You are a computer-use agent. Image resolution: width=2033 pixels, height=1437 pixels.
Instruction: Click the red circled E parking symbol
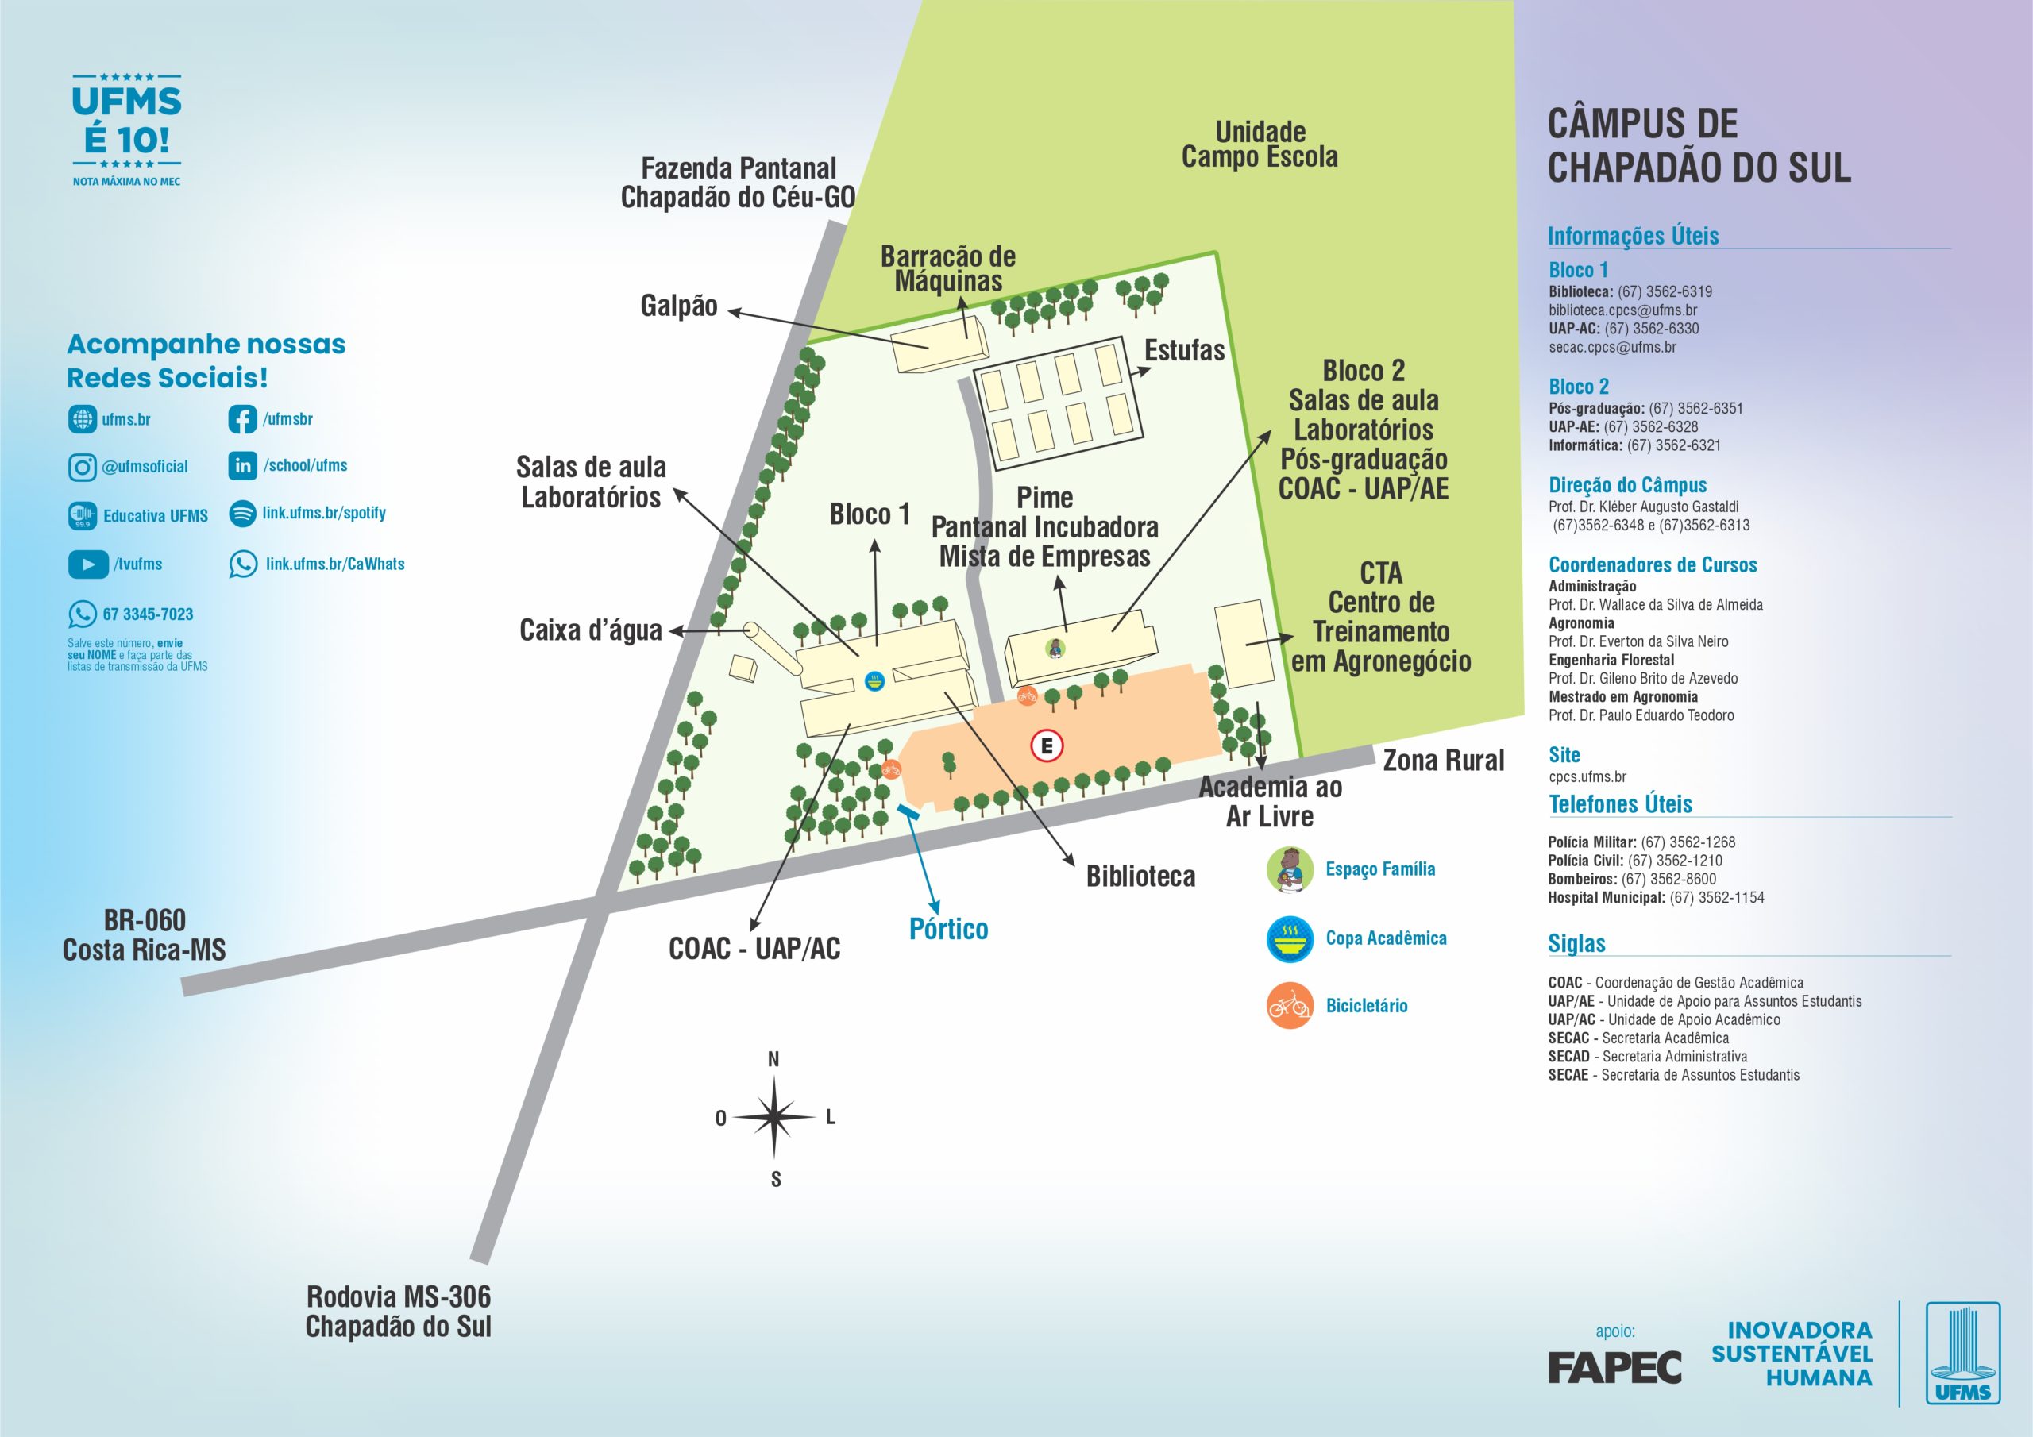coord(1047,745)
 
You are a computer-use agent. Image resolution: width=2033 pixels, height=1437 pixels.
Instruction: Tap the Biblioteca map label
coord(1140,876)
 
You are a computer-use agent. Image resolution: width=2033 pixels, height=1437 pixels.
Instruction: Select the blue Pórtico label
coord(948,929)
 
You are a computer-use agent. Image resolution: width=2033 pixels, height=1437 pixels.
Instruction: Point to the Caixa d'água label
coord(591,630)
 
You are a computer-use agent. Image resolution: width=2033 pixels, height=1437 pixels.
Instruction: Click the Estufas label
coord(1184,351)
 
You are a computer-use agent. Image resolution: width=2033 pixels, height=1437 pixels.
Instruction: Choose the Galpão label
coord(678,306)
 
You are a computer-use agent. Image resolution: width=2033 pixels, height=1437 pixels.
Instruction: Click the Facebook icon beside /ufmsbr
coord(243,418)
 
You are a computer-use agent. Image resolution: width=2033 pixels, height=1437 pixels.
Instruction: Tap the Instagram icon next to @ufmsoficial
coord(83,467)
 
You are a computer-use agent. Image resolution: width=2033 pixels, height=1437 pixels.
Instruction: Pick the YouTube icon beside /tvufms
coord(87,564)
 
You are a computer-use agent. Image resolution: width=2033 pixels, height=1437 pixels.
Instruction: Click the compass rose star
coord(773,1117)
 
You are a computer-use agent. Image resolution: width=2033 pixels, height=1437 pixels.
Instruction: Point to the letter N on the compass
coord(773,1059)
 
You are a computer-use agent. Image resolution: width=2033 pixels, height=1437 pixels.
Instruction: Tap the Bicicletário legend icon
coord(1289,1006)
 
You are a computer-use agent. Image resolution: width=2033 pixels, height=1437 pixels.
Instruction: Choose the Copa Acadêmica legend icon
coord(1289,938)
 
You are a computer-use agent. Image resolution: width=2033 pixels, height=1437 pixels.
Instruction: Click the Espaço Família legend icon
coord(1289,869)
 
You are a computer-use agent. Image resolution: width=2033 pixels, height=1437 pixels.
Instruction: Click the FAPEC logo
coord(1614,1368)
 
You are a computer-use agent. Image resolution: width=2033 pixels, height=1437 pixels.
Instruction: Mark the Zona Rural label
coord(1443,761)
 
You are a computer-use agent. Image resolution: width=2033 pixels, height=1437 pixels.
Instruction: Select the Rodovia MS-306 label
coord(399,1297)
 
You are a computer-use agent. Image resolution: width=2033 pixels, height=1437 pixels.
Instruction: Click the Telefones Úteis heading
coord(1619,804)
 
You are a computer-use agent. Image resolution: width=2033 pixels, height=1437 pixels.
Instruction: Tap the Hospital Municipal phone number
coord(1716,898)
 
